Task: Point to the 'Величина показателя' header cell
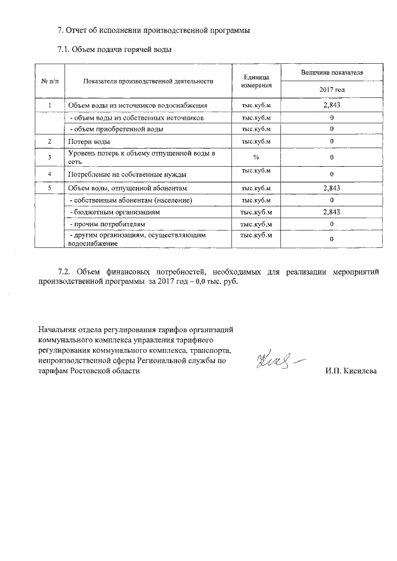click(x=332, y=73)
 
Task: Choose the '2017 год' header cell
click(x=332, y=91)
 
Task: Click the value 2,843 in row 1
click(x=332, y=105)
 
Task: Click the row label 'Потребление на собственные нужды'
click(x=127, y=175)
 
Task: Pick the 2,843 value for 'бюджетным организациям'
click(x=332, y=211)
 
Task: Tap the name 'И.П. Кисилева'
click(x=350, y=371)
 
